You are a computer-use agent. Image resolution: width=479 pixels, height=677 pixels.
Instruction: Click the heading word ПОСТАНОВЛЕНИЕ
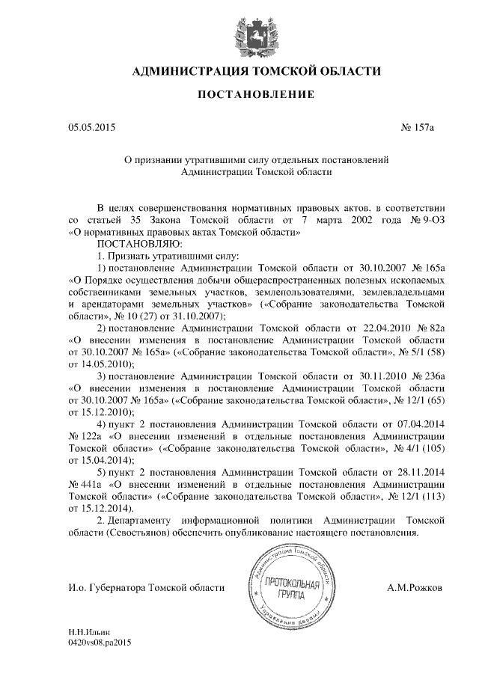[239, 95]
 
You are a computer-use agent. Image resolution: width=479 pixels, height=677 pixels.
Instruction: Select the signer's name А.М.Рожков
[414, 588]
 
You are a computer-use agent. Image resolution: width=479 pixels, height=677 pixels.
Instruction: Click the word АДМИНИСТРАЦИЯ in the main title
[191, 72]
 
